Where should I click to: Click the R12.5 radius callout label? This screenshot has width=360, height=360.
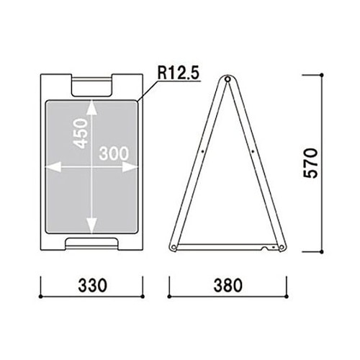179,73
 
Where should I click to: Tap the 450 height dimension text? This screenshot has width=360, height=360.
81,133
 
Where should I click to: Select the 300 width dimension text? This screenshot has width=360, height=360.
114,153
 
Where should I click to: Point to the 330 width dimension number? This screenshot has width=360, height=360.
92,286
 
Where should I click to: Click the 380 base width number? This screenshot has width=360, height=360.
228,286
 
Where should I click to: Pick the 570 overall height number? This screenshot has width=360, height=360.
310,163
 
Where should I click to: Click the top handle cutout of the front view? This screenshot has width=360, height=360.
92,86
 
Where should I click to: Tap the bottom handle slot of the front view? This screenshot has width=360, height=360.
92,243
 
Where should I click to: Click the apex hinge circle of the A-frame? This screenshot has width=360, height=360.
228,78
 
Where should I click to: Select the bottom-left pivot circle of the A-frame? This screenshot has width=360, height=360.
174,247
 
